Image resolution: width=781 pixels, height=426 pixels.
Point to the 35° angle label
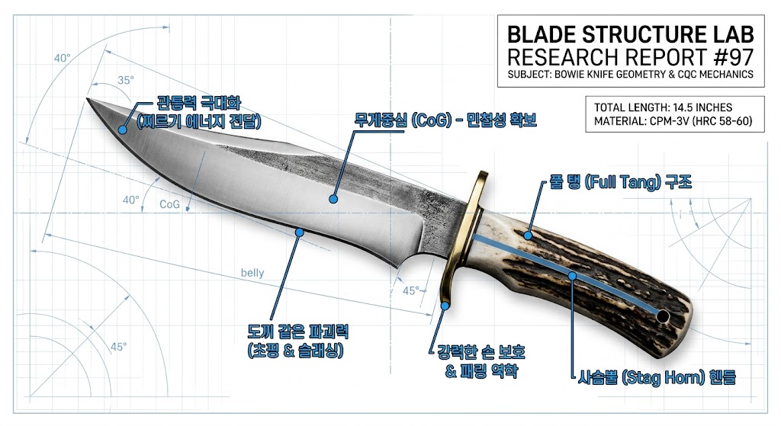(x=126, y=80)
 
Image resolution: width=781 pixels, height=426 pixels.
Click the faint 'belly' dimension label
(x=252, y=273)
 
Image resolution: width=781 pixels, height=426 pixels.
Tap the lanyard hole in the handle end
(x=663, y=316)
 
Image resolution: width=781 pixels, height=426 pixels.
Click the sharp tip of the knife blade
(x=88, y=98)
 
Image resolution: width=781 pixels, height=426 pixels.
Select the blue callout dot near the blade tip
(x=122, y=130)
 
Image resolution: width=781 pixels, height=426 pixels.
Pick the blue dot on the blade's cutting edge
(x=299, y=232)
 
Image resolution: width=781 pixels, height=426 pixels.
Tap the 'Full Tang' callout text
(x=620, y=182)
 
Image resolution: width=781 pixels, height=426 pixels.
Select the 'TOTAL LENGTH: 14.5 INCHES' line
(x=663, y=107)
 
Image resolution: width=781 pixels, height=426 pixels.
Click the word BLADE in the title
(x=542, y=35)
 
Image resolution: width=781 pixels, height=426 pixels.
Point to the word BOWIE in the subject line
(x=570, y=75)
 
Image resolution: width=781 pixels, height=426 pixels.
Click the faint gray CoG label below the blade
(x=169, y=204)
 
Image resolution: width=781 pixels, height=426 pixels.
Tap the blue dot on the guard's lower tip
(x=445, y=306)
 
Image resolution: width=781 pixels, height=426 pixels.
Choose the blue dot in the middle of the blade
(x=333, y=199)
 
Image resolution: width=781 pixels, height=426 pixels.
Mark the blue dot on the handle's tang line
(x=572, y=276)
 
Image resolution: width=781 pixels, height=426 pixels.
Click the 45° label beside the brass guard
(x=411, y=290)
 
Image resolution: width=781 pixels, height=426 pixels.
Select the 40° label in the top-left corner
(x=63, y=58)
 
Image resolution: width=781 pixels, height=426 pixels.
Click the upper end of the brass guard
(x=482, y=175)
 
